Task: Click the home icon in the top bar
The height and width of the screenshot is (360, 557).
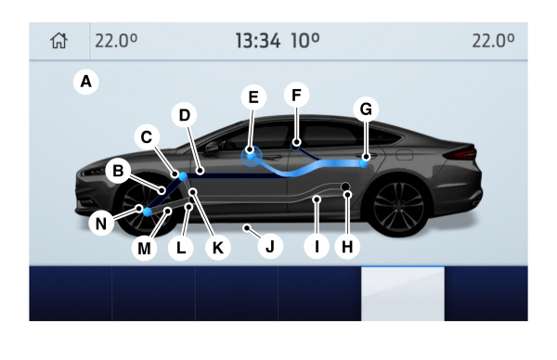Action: (x=59, y=41)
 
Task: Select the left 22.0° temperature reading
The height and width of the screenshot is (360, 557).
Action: (x=116, y=41)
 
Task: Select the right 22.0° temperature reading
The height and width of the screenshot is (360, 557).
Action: (x=493, y=41)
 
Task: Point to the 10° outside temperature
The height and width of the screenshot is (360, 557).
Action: (x=304, y=41)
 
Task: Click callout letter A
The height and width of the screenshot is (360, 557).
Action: (x=86, y=82)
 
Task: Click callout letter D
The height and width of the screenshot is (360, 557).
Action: (x=184, y=115)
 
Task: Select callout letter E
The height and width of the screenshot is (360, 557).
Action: (x=252, y=96)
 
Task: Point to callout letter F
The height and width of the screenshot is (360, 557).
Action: (x=296, y=95)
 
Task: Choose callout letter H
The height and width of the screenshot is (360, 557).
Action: (x=347, y=248)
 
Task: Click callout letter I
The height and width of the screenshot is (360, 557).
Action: (x=317, y=248)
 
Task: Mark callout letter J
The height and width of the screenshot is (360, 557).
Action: (x=270, y=248)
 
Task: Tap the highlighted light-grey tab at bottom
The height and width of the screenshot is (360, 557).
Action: (x=402, y=294)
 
